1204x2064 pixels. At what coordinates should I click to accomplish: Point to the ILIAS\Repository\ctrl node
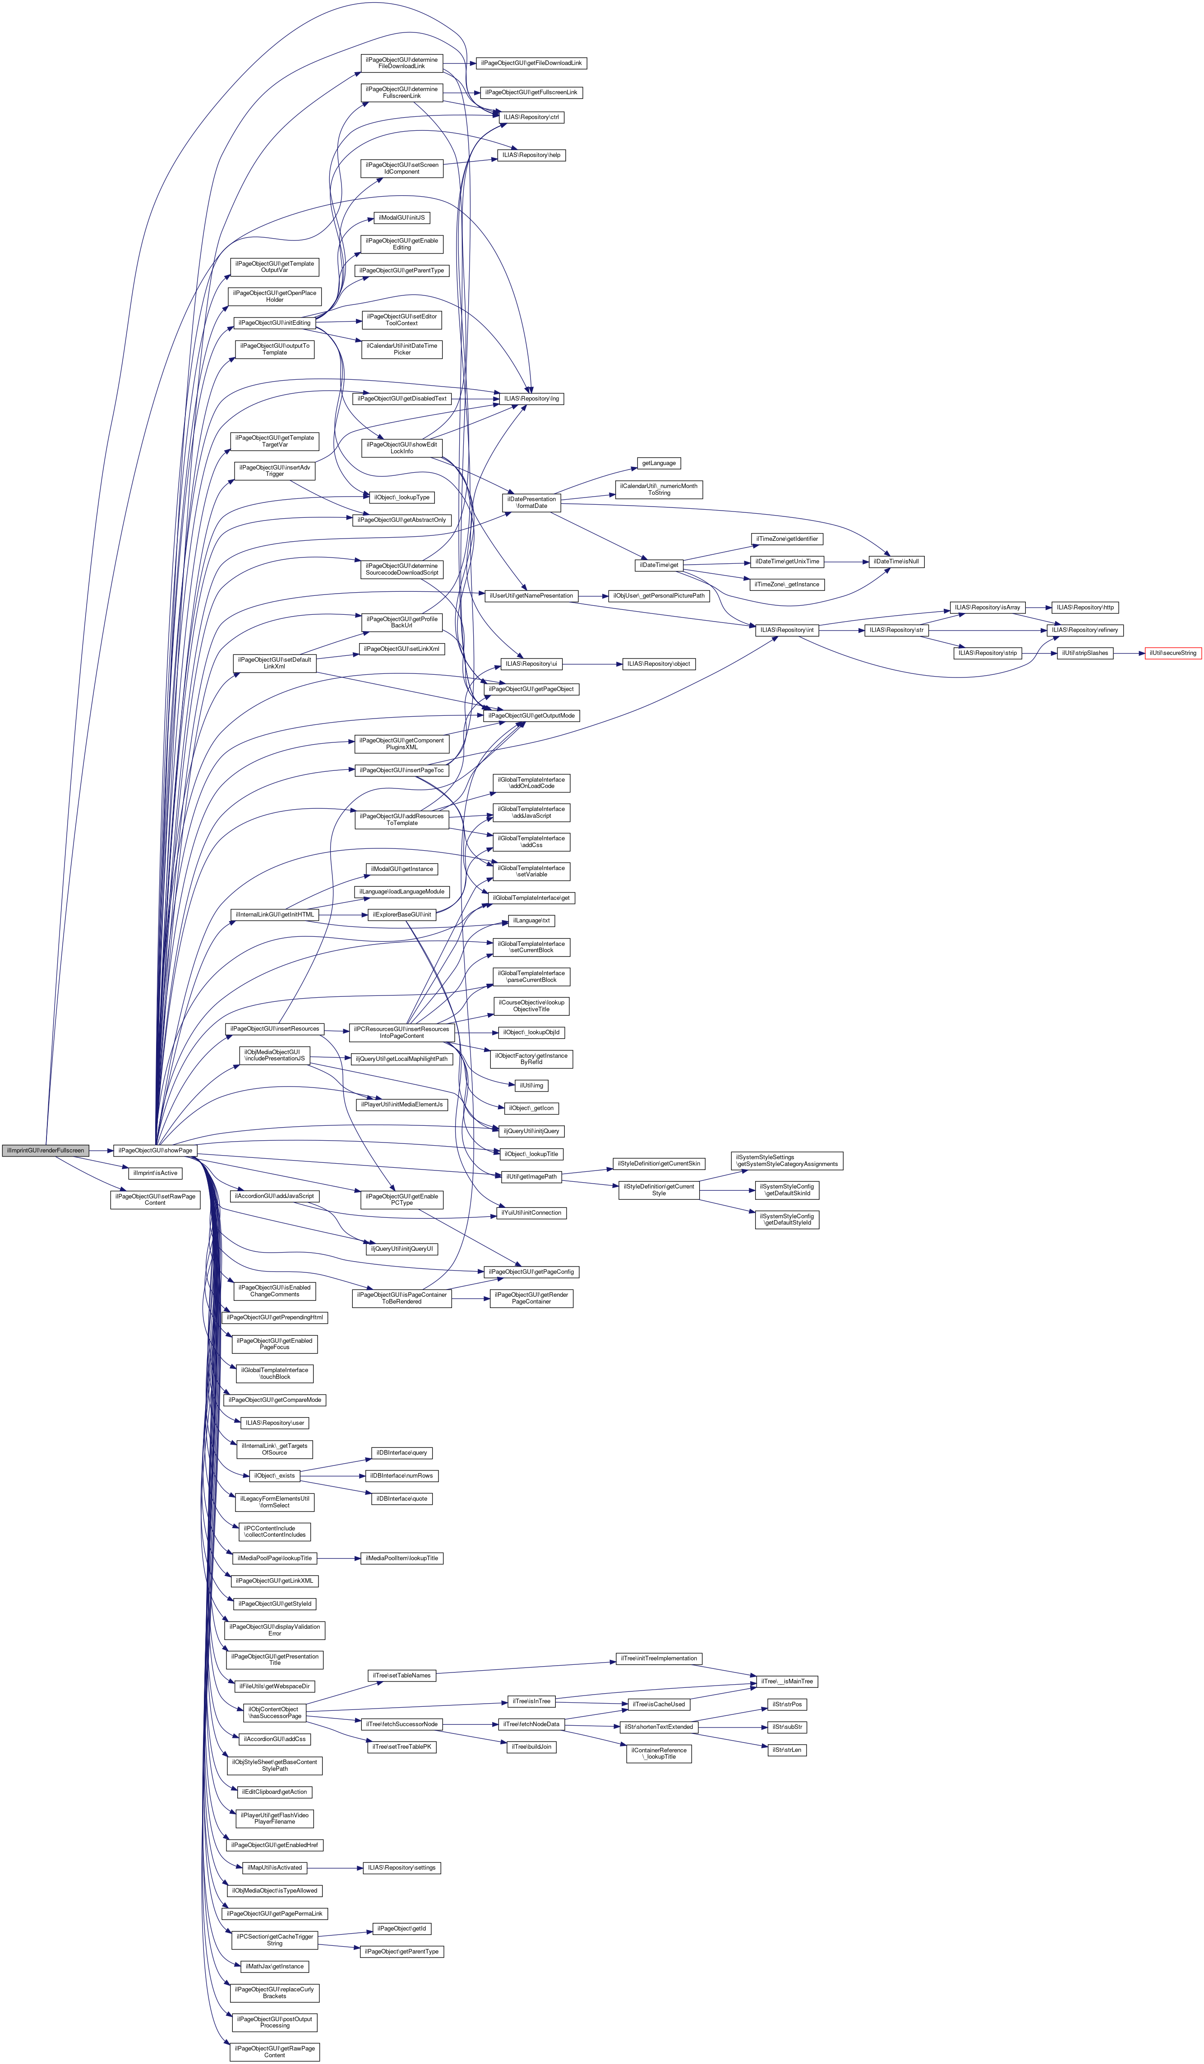532,117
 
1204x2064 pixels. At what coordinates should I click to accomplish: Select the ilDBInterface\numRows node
402,1475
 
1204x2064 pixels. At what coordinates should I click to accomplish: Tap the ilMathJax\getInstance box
274,1966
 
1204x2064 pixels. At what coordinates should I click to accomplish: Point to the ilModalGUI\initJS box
401,218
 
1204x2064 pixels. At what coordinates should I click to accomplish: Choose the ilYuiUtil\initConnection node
531,1212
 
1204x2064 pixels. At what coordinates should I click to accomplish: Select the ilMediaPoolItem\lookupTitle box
401,1558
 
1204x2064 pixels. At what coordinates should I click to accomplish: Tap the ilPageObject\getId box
401,1929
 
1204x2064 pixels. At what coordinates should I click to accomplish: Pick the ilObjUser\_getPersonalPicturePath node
659,595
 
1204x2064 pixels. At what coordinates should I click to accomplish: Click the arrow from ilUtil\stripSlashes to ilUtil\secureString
1129,653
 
